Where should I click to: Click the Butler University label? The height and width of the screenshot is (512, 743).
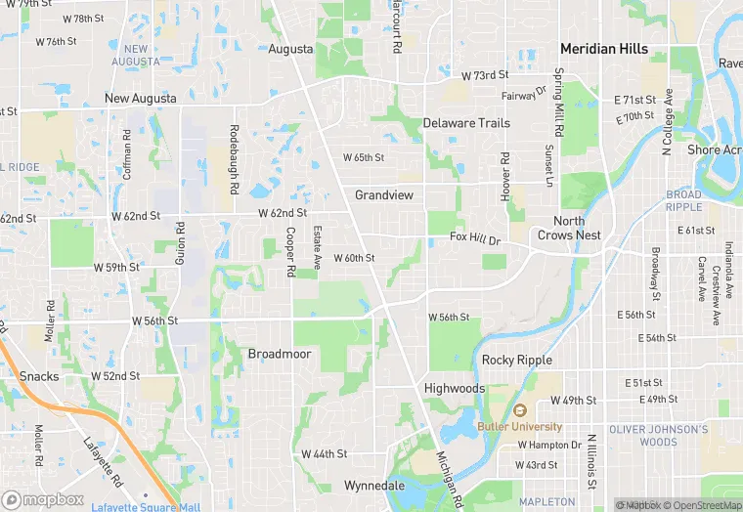pyautogui.click(x=520, y=427)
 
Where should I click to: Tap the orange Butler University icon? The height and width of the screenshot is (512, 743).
pyautogui.click(x=520, y=411)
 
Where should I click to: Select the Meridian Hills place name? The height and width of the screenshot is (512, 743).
pyautogui.click(x=603, y=48)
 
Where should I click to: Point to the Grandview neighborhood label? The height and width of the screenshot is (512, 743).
pyautogui.click(x=384, y=195)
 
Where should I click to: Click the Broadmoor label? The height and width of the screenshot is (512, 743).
pyautogui.click(x=279, y=354)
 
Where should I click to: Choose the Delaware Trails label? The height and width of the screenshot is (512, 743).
pyautogui.click(x=466, y=123)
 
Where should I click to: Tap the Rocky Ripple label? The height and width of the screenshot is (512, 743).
pyautogui.click(x=517, y=360)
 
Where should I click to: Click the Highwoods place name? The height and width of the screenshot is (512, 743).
pyautogui.click(x=454, y=388)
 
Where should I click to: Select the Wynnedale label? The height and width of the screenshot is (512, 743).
pyautogui.click(x=373, y=485)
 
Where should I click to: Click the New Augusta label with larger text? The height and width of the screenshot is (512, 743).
pyautogui.click(x=141, y=99)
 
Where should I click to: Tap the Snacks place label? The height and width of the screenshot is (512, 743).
pyautogui.click(x=39, y=376)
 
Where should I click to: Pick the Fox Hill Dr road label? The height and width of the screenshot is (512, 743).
pyautogui.click(x=475, y=237)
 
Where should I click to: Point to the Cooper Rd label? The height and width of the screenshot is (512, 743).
pyautogui.click(x=290, y=251)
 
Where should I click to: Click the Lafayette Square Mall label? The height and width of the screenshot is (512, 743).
pyautogui.click(x=146, y=507)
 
